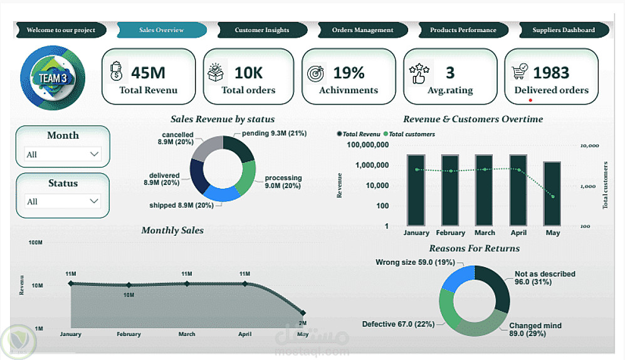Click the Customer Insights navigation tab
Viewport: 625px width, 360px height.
point(262,30)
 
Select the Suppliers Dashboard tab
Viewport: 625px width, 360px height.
point(564,30)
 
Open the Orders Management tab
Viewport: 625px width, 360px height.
point(362,30)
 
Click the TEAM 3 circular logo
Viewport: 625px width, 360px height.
point(53,78)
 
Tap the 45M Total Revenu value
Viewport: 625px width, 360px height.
point(148,73)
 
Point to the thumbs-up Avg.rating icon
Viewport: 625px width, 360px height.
point(418,73)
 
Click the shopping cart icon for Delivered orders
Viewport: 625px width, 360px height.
point(520,71)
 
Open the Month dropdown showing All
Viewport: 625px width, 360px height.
point(63,154)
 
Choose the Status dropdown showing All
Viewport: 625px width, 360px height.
point(63,201)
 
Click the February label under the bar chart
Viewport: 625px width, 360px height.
point(451,233)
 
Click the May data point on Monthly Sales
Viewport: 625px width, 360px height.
point(303,312)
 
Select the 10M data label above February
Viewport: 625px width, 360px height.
point(129,295)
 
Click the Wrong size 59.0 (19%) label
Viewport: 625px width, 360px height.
point(406,262)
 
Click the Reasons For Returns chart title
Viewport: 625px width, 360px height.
point(475,248)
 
